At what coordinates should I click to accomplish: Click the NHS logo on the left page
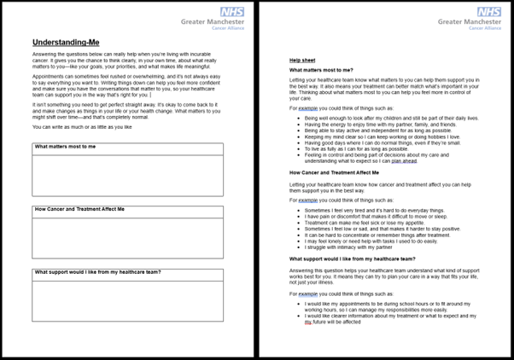point(232,12)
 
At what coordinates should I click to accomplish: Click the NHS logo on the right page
point(489,12)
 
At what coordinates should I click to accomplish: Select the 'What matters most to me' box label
point(66,147)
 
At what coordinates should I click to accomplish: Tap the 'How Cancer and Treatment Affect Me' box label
point(79,209)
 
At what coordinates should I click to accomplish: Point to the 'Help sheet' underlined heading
point(301,61)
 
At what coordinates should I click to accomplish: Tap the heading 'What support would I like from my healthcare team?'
point(353,257)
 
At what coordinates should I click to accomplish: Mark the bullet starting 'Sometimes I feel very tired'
point(376,210)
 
